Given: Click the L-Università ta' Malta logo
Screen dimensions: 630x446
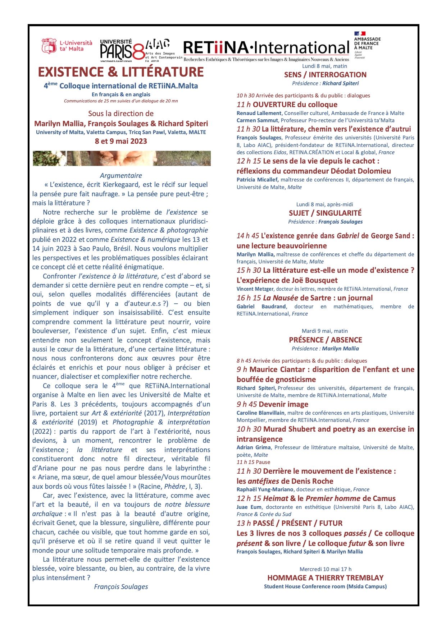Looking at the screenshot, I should [x=67, y=46].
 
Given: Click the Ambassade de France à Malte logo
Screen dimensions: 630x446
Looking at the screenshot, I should [x=367, y=45].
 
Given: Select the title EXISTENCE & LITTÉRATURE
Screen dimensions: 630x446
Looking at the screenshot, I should [x=121, y=72].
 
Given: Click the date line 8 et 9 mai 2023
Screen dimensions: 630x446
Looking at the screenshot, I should [x=121, y=141].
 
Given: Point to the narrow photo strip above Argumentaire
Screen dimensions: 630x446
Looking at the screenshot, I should [x=122, y=158].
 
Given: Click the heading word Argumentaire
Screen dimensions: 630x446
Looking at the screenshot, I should [x=121, y=176].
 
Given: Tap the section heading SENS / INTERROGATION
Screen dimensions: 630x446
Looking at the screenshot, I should [x=325, y=75].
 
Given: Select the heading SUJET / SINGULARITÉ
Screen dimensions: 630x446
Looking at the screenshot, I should [x=325, y=213].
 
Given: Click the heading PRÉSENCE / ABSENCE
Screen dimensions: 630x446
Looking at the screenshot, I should [x=325, y=340].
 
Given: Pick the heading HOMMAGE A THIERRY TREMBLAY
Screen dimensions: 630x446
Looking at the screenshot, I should [x=325, y=578].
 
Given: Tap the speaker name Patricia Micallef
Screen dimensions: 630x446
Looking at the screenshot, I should [x=257, y=180].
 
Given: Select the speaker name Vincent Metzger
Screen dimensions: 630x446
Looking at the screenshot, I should [x=255, y=289].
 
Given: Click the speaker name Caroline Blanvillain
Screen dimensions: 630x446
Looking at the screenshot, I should [x=260, y=413].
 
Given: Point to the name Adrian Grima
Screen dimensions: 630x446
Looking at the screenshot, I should [x=254, y=447].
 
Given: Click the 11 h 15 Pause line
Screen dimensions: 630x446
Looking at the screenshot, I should [x=253, y=462].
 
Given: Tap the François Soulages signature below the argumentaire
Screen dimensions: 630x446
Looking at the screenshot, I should [x=121, y=587].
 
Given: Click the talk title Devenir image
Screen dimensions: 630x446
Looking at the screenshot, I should [x=283, y=404].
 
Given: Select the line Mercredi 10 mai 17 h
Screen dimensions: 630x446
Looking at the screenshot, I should [x=325, y=569].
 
